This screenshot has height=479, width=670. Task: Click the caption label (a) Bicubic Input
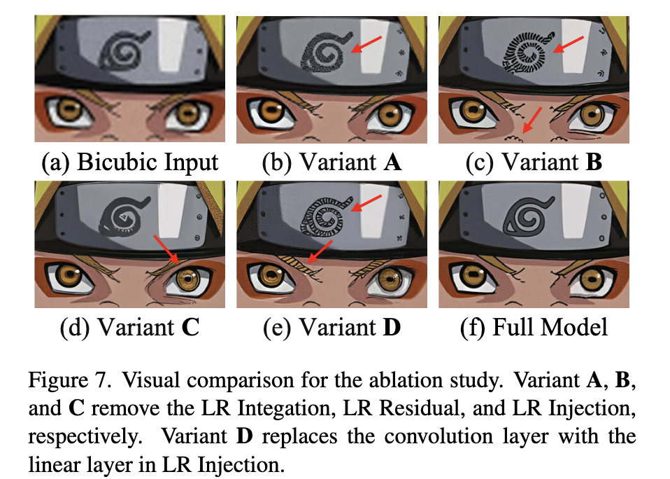(129, 162)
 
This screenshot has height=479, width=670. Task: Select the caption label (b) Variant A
(331, 162)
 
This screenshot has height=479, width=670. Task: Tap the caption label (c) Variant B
(534, 162)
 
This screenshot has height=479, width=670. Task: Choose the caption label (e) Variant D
(331, 327)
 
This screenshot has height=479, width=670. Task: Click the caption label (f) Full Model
(534, 327)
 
